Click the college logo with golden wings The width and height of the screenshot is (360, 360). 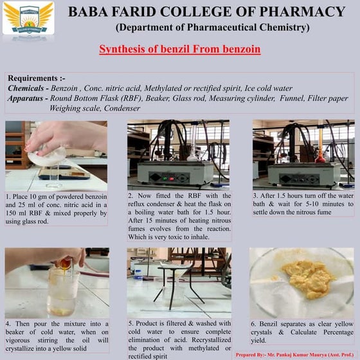pyautogui.click(x=28, y=18)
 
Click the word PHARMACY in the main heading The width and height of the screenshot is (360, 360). pyautogui.click(x=302, y=12)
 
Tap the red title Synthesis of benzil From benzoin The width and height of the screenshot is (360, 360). pyautogui.click(x=180, y=49)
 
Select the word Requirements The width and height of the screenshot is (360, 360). pyautogui.click(x=33, y=78)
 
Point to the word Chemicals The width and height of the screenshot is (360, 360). pyautogui.click(x=26, y=88)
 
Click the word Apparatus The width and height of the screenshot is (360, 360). pyautogui.click(x=25, y=98)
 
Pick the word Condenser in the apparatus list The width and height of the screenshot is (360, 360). pyautogui.click(x=122, y=108)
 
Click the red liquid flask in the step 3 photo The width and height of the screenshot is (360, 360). pyautogui.click(x=320, y=158)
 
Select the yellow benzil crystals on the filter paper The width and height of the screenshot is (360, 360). pyautogui.click(x=308, y=278)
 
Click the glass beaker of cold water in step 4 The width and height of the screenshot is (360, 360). pyautogui.click(x=62, y=292)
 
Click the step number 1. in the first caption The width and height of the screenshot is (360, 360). pyautogui.click(x=8, y=197)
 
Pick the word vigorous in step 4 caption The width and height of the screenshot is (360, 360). pyautogui.click(x=18, y=340)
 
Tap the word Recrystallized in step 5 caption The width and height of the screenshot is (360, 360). pyautogui.click(x=212, y=340)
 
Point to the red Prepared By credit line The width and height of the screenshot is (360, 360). pyautogui.click(x=295, y=355)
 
